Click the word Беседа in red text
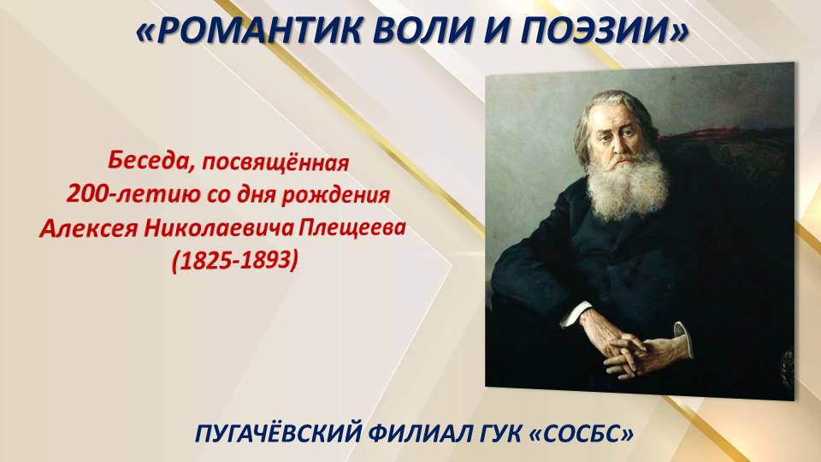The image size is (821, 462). (x=141, y=160)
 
